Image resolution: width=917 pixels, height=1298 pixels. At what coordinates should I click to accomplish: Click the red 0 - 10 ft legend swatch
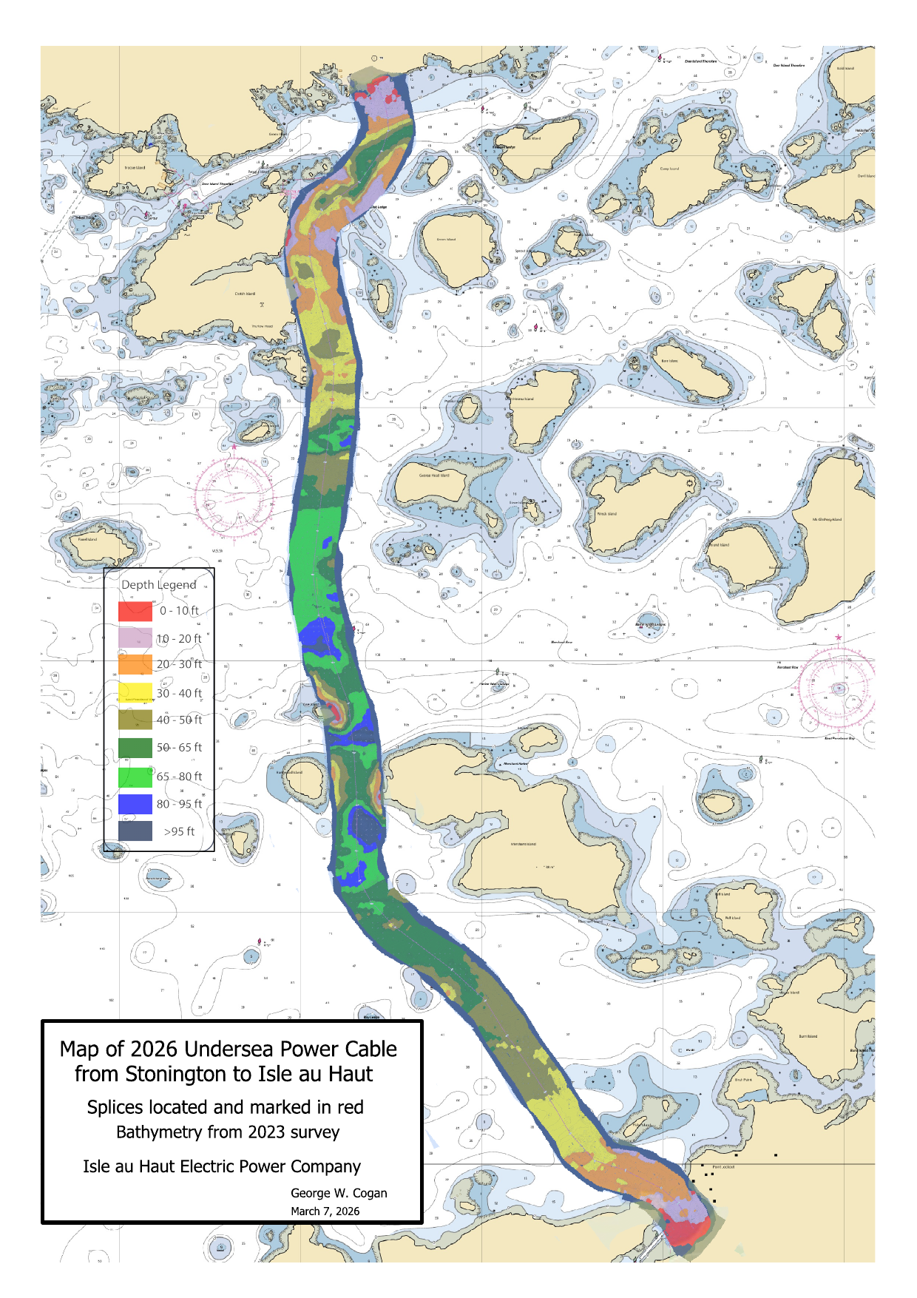tap(135, 611)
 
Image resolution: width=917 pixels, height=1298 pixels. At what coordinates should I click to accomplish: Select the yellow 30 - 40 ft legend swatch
tap(135, 693)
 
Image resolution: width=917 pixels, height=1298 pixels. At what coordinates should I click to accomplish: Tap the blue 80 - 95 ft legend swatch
tap(135, 804)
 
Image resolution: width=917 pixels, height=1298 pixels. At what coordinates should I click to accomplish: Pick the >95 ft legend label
tap(179, 831)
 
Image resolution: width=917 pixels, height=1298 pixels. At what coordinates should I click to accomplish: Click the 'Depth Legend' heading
tap(158, 584)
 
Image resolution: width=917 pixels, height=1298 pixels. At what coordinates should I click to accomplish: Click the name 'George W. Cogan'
tap(339, 1193)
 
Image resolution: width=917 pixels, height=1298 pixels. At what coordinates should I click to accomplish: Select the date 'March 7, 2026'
tap(325, 1211)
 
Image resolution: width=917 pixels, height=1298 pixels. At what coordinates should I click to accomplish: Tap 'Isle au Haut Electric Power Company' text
tap(221, 1166)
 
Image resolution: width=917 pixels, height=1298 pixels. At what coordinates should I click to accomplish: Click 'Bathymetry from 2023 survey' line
tap(228, 1132)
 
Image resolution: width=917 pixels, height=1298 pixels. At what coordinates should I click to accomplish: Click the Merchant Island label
tap(523, 844)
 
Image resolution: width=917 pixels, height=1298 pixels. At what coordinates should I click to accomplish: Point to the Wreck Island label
tap(606, 513)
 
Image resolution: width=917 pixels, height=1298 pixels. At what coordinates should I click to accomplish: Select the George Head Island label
tap(434, 476)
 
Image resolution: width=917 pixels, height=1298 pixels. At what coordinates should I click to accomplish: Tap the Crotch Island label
tap(245, 294)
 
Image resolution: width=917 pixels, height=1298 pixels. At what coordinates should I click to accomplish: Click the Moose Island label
tap(135, 168)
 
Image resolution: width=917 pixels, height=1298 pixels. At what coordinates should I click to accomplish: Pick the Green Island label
tap(446, 240)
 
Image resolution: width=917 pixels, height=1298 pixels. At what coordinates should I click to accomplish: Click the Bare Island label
tap(669, 361)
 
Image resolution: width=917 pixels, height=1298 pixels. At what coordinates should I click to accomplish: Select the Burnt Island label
tap(808, 1036)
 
